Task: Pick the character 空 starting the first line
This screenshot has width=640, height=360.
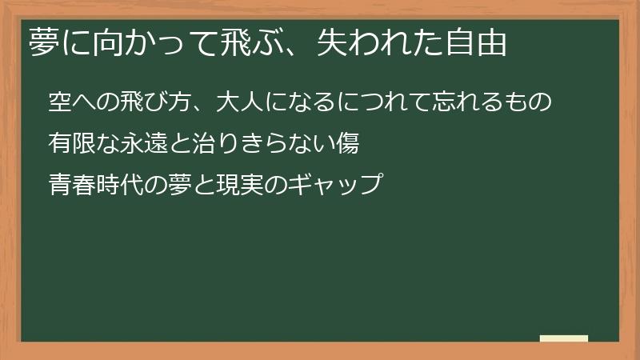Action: click(x=61, y=102)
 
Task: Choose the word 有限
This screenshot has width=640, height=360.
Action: click(x=73, y=144)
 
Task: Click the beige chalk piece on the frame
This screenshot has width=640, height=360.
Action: click(x=564, y=338)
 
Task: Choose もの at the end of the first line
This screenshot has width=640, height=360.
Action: click(x=530, y=102)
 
